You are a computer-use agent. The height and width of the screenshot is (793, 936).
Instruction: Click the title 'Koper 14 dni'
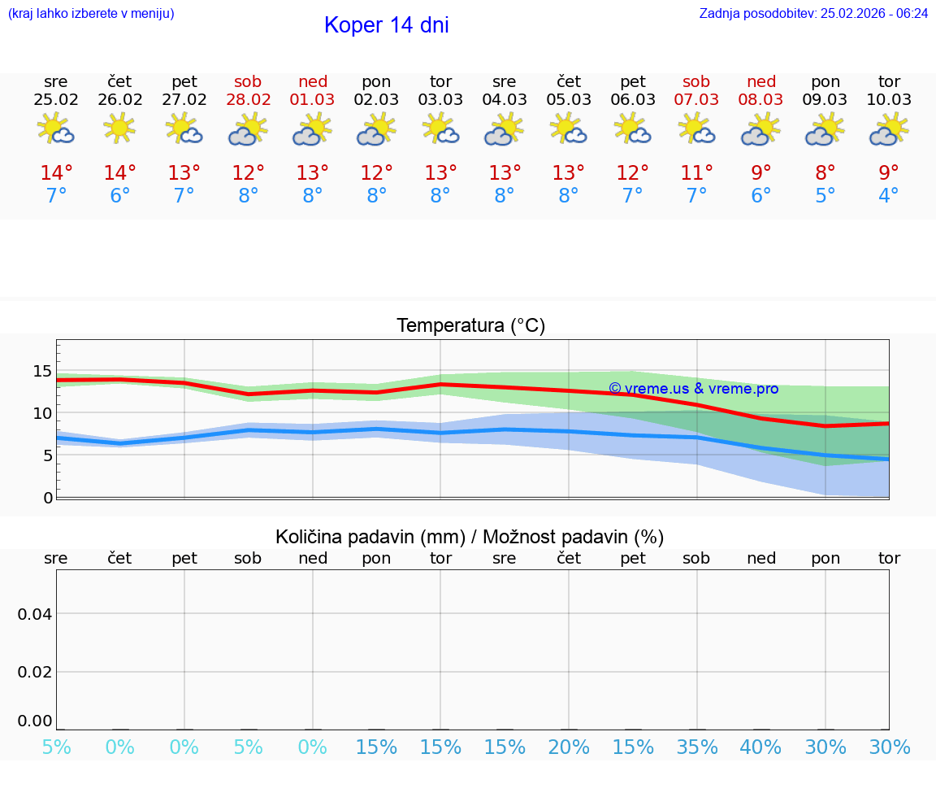(x=386, y=25)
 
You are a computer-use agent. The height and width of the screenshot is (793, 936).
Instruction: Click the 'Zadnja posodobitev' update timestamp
(x=813, y=14)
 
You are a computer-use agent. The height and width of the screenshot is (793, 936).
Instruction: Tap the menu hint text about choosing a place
(x=91, y=14)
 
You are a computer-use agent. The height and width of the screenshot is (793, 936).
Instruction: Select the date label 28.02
(x=249, y=99)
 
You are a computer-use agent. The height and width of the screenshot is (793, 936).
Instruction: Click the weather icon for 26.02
(x=120, y=129)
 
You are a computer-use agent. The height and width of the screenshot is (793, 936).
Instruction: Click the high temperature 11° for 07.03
(x=696, y=173)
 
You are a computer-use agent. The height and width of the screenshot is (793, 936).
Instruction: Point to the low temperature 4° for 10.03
(x=889, y=196)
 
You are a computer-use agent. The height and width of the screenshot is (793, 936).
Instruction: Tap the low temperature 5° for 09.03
(x=825, y=196)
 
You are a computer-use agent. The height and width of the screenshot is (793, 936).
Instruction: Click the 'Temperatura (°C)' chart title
(x=470, y=326)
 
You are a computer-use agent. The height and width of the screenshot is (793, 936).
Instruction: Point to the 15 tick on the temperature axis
(x=42, y=372)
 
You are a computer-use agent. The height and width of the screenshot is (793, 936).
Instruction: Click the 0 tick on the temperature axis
(x=48, y=497)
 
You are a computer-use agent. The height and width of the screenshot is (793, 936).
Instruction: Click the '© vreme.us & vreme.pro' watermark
(x=693, y=389)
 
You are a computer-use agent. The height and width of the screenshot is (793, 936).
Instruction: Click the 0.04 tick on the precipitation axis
(x=35, y=613)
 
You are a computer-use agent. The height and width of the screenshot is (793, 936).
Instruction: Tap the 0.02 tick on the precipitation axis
(x=35, y=671)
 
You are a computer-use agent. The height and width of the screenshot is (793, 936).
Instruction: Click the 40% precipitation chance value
(x=760, y=747)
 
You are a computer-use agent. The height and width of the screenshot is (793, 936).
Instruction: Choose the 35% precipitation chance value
(x=696, y=747)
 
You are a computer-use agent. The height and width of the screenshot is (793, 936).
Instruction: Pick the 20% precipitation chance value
(x=569, y=747)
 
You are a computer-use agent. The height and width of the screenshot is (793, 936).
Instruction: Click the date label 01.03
(x=313, y=99)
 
